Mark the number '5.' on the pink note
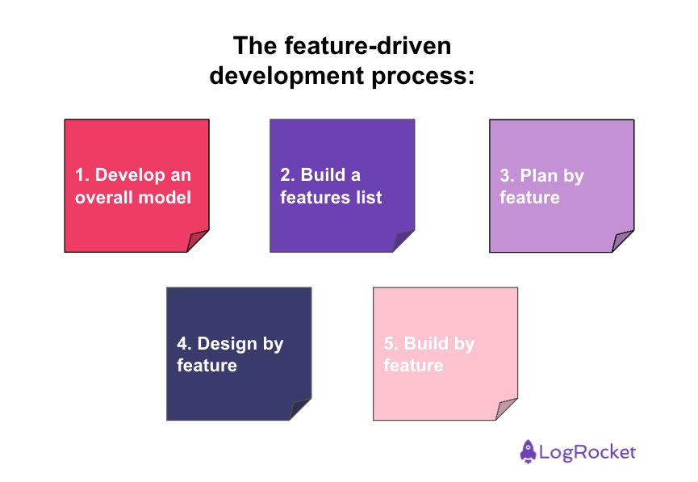coord(391,344)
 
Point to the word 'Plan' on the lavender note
coord(541,176)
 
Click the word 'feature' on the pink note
coord(413,366)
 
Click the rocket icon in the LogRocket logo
coord(528,452)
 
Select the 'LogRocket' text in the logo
coord(588,452)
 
